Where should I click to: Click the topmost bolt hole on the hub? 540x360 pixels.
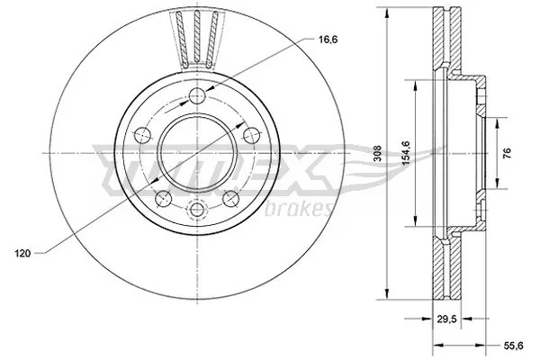[x=198, y=97]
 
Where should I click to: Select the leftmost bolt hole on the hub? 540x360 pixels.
[x=141, y=136]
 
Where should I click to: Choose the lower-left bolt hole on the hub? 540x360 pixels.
[x=163, y=198]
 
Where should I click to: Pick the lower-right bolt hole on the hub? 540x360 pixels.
[x=231, y=198]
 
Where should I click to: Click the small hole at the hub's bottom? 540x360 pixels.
[x=198, y=211]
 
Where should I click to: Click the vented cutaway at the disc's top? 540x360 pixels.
[x=198, y=36]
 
